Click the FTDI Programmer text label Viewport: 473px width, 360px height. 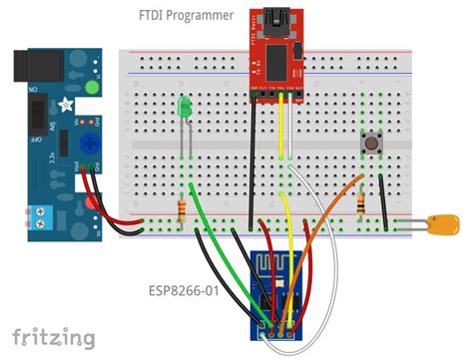pyautogui.click(x=186, y=16)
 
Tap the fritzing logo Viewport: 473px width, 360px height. pyautogui.click(x=54, y=335)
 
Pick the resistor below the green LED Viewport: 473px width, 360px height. pyautogui.click(x=183, y=208)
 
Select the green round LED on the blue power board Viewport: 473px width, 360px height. pyautogui.click(x=93, y=88)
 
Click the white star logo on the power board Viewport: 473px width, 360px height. pyautogui.click(x=66, y=104)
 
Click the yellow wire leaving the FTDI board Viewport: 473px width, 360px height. pyautogui.click(x=282, y=130)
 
